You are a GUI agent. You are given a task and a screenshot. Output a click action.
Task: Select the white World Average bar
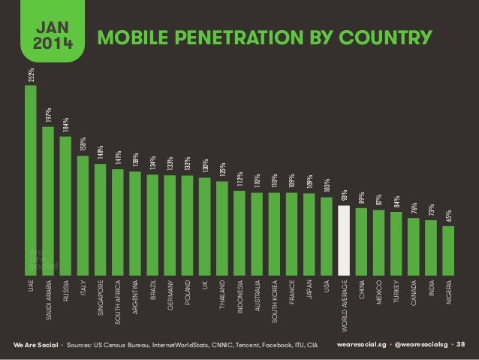345,239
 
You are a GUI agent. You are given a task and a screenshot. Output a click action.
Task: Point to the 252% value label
31,74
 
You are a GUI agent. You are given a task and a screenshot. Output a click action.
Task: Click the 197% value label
48,116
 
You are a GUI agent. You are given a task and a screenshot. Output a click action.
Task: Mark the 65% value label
448,216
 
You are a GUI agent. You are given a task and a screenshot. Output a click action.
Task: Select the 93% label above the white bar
345,196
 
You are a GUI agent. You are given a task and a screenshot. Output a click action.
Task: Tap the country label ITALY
83,286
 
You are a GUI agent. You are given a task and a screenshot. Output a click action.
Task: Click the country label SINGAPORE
101,296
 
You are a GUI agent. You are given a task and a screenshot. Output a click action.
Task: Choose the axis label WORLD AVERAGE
345,305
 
